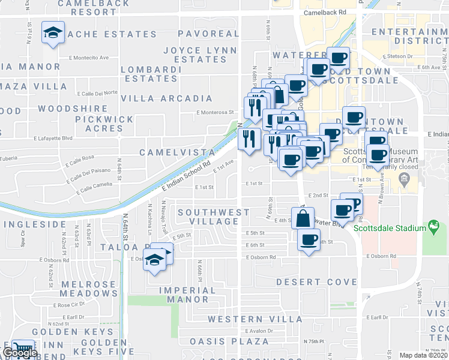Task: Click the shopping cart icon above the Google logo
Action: pos(23,348)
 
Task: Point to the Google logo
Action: pos(20,353)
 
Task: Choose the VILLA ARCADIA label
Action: pos(166,98)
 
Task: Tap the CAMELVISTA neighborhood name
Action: pos(177,153)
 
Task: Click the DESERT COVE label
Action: pos(308,281)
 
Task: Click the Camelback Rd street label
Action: pos(325,12)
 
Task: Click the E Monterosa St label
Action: pos(215,112)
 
